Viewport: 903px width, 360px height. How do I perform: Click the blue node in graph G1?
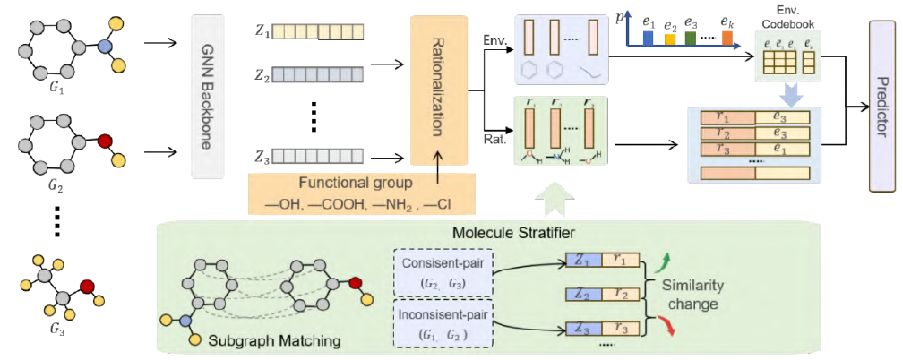[106, 44]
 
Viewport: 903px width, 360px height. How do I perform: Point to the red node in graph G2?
[105, 141]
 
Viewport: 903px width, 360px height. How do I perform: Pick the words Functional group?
[342, 182]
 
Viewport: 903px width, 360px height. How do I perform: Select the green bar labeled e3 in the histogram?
[691, 39]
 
